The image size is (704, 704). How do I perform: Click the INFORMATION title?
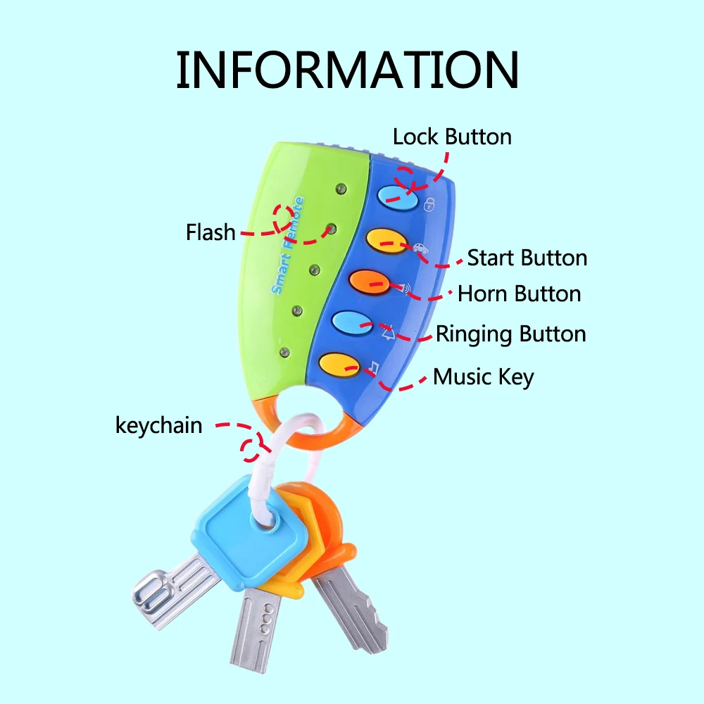[347, 70]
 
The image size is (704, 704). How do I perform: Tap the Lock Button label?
[452, 137]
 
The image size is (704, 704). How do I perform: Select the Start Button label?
[527, 258]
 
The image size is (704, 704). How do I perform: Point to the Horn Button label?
[519, 294]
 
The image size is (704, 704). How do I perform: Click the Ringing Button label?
[510, 334]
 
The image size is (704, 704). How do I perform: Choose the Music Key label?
[483, 377]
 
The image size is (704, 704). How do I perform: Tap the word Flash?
[210, 232]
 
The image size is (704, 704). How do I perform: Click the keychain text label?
[158, 425]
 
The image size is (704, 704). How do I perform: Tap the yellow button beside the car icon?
[386, 239]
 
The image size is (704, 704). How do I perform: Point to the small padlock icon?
[429, 206]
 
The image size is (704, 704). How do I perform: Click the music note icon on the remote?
[375, 367]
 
